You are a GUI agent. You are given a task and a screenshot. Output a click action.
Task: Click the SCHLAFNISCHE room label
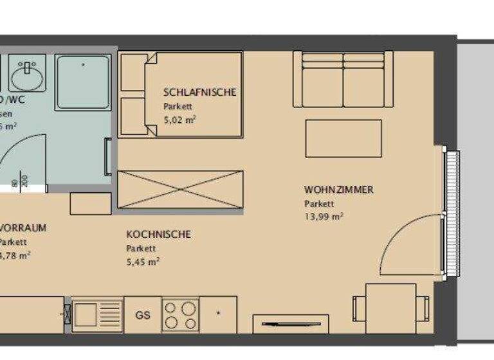coord(199,92)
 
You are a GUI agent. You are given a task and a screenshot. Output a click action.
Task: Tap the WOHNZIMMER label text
coord(338,190)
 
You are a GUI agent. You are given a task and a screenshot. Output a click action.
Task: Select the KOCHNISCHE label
coord(158,234)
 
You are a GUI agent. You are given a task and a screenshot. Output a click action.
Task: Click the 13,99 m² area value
coord(324,217)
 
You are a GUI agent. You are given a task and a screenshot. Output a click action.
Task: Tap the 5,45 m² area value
coord(143,261)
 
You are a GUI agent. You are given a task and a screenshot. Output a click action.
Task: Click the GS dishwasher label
coord(142,315)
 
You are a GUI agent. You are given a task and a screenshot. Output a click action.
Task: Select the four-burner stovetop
coord(179,315)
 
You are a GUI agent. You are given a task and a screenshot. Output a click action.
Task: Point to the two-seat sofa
coord(343,79)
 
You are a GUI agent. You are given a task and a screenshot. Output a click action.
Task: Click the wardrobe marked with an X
coord(181,189)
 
